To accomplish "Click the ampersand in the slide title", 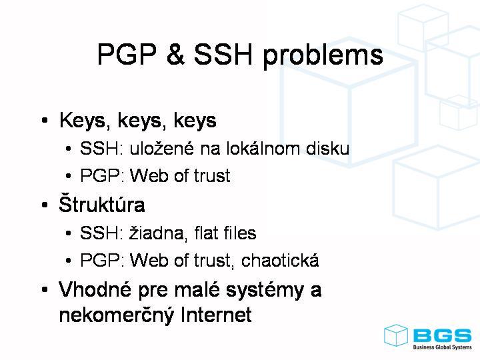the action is coord(176,54).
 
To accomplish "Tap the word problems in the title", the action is coord(323,56).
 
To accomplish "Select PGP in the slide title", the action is coord(127,54).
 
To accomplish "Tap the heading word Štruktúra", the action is coord(101,203).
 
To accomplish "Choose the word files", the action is coord(240,233).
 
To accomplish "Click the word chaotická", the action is coord(280,259).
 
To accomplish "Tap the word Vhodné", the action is coord(95,289).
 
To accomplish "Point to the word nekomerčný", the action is coord(116,315).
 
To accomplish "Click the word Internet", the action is coord(216,315).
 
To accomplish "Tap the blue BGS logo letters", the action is coord(443,336).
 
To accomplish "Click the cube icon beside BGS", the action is coord(396,335).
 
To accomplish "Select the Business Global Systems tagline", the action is coord(443,347).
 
